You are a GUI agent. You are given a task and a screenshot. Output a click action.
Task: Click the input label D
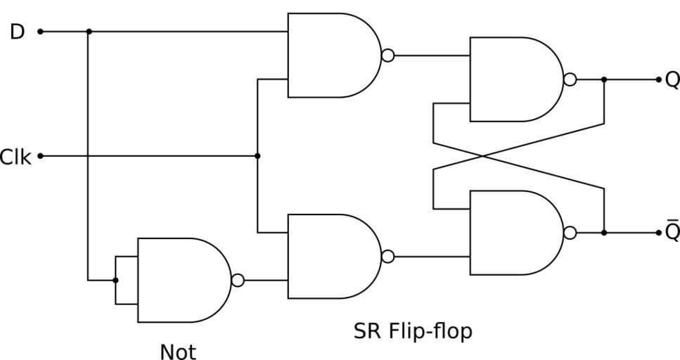[x=18, y=32]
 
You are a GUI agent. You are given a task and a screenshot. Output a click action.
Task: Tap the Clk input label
[x=15, y=157]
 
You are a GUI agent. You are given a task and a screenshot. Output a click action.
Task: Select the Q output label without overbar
[x=672, y=80]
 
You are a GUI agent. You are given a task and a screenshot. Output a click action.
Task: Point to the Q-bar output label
[x=672, y=231]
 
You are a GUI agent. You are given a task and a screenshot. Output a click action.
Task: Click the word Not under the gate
[x=178, y=352]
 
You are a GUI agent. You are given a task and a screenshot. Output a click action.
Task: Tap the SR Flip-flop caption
[x=413, y=330]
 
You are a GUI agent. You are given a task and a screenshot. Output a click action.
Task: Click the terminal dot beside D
[x=40, y=32]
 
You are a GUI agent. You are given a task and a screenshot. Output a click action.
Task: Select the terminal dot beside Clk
[x=40, y=155]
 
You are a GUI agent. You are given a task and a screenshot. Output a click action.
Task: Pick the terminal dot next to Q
[x=659, y=79]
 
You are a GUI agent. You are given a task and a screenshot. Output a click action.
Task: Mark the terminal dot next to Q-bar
[x=659, y=233]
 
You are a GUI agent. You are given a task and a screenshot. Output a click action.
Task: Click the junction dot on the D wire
[x=89, y=32]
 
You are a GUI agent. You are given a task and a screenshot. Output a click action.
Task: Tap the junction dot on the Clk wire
[x=257, y=155]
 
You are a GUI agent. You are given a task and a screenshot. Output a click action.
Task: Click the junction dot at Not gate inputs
[x=115, y=281]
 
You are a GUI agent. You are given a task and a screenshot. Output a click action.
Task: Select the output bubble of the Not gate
[x=238, y=281]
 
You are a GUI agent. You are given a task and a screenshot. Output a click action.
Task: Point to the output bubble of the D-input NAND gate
[x=387, y=56]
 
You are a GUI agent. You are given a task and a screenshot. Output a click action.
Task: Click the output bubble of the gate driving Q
[x=570, y=79]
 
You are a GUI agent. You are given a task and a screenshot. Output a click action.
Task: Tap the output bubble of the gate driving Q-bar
[x=570, y=233]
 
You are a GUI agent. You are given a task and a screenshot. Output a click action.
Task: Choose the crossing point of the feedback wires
[x=519, y=155]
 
